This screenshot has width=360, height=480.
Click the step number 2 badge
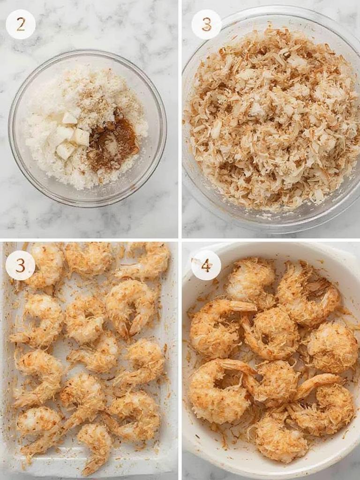[x=21, y=24]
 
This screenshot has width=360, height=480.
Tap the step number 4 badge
[x=206, y=265]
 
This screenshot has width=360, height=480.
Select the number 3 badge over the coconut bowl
[x=206, y=24]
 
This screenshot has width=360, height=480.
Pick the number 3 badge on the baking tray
[x=20, y=265]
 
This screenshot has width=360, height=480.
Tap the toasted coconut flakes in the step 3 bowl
[x=272, y=122]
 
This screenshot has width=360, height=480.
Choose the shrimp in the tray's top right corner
[x=148, y=260]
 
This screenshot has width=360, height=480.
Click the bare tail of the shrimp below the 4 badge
[x=241, y=307]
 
